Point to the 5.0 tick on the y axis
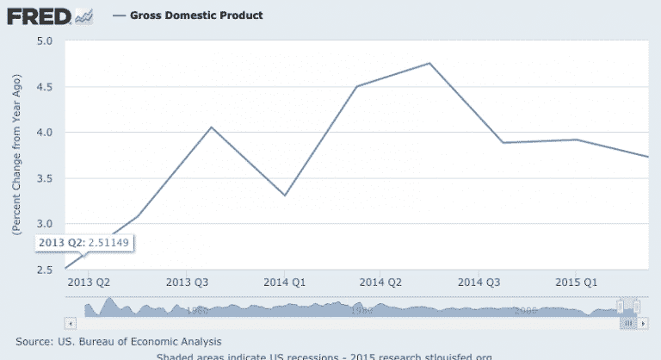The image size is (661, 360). (45, 40)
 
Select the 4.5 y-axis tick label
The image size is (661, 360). (45, 86)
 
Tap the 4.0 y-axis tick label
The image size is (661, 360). (45, 133)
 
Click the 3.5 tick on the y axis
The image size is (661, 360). (45, 178)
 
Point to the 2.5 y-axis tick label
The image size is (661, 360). (45, 270)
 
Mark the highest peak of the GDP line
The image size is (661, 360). (429, 63)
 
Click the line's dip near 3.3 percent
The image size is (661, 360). (284, 196)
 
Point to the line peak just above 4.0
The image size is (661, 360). (212, 127)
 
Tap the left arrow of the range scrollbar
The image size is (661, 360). (71, 322)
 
